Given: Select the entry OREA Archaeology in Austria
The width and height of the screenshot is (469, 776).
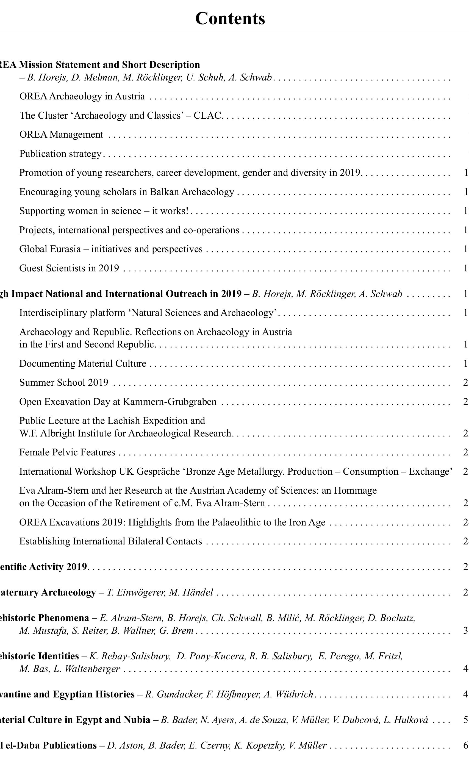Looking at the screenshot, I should tap(82, 96).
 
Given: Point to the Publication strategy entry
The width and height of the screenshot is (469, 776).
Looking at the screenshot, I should tap(60, 154).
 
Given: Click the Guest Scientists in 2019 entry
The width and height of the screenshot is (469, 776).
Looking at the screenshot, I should tap(69, 268).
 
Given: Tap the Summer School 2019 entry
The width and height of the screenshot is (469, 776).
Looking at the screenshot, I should tap(64, 382).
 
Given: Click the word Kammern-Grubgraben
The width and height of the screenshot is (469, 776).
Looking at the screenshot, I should tap(170, 402).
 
